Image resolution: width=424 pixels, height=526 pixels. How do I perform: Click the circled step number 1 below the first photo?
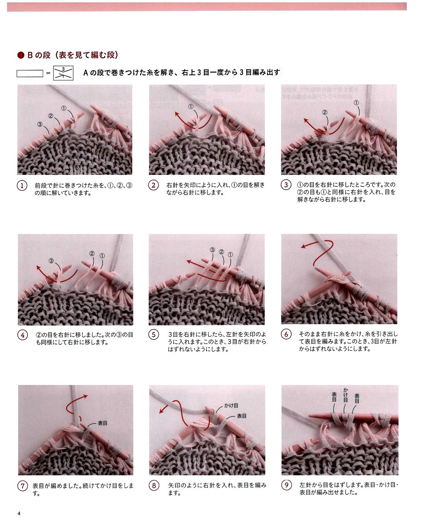point(22,186)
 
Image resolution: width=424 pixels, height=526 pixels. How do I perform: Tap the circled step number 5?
point(153,334)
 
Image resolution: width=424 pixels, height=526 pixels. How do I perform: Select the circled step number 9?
point(286,485)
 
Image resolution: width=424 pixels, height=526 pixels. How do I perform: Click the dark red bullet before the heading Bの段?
point(21,55)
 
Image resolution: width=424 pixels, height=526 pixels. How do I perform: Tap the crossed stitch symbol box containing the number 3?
point(63,73)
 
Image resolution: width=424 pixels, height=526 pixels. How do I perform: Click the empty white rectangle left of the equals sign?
point(30,73)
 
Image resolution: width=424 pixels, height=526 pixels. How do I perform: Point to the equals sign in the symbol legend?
point(48,73)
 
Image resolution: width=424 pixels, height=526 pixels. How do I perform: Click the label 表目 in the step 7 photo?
point(103,423)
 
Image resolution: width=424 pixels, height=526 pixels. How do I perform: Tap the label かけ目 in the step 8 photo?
point(231,405)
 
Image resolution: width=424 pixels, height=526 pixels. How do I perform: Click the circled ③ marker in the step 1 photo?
point(40,124)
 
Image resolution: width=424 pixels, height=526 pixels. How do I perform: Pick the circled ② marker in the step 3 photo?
point(325,112)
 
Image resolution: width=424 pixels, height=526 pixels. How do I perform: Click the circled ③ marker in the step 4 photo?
point(51,261)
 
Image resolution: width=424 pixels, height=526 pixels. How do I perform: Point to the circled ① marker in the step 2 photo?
point(191,107)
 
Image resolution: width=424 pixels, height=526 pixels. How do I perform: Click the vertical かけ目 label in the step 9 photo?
point(345,395)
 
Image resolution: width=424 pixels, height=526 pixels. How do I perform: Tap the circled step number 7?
point(22,486)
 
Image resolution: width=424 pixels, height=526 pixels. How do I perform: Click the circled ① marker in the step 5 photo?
point(231,255)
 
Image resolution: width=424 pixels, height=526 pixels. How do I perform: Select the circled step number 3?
point(286,185)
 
